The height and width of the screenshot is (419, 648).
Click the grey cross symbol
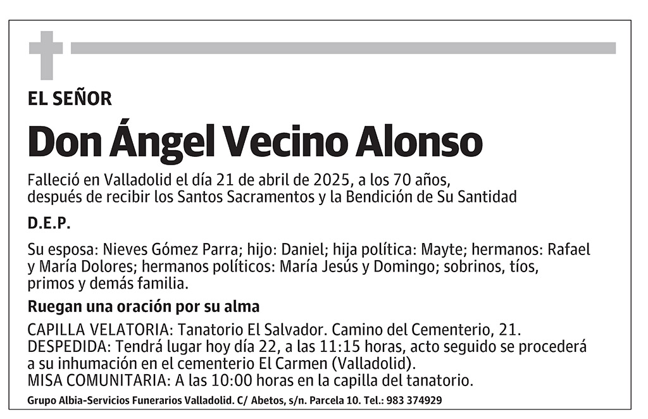[x=46, y=54]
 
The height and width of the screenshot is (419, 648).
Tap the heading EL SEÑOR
[x=70, y=98]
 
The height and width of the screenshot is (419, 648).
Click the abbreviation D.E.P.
[x=49, y=224]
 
